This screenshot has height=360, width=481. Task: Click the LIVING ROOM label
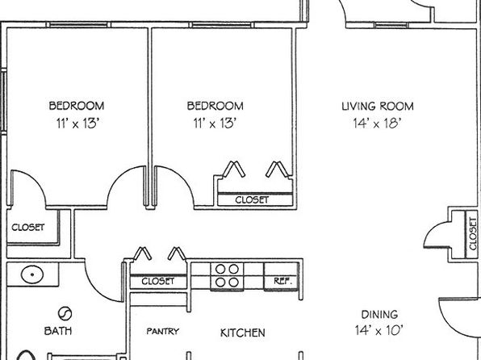pos(378,107)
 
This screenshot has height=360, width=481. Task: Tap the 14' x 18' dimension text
pos(377,123)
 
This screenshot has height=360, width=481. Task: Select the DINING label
pos(379,315)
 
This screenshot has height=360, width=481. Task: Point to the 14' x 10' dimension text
pos(379,330)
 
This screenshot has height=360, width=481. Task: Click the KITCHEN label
pos(243,333)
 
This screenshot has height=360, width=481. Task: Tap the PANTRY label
pos(162,332)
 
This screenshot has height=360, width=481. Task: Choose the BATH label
pos(58,331)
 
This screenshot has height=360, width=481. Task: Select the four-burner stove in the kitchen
pos(227,276)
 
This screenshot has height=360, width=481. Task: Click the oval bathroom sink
pos(32,274)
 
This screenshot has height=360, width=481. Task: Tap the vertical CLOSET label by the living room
pos(473,233)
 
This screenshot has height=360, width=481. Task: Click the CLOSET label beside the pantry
pos(157,281)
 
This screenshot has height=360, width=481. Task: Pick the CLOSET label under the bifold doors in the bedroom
pos(252,200)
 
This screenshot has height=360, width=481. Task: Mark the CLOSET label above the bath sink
pos(28,228)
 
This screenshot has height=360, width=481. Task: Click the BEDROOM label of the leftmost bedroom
pos(77,106)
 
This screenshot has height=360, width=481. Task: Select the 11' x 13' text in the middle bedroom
pos(215,123)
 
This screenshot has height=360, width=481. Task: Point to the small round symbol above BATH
pos(65,314)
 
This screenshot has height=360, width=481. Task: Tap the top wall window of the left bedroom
pos(78,24)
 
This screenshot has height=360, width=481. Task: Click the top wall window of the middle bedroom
pos(221,24)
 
